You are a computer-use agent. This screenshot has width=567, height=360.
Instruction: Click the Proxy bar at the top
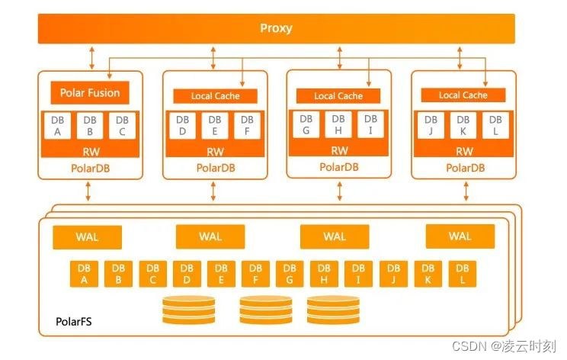[276, 29]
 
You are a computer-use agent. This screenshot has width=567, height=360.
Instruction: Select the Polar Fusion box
[90, 93]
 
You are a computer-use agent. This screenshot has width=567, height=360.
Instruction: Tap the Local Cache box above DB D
[214, 96]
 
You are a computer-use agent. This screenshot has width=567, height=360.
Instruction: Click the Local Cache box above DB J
[463, 95]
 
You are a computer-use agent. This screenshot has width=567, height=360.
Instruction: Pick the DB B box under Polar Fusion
[90, 125]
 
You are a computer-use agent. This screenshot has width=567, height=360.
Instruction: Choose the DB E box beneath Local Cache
[214, 126]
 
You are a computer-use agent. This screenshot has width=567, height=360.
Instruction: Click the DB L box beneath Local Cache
[495, 126]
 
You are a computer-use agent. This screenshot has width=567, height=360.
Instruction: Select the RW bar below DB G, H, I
[339, 151]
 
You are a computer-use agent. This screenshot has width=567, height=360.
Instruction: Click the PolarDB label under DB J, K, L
[464, 168]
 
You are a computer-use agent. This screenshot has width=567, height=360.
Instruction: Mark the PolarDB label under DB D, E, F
[215, 168]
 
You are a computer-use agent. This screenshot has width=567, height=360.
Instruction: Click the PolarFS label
[75, 321]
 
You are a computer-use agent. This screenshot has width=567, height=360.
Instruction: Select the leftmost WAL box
[87, 236]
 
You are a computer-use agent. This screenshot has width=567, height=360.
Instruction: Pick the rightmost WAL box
[460, 236]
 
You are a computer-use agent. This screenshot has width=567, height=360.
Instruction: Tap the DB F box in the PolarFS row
[255, 274]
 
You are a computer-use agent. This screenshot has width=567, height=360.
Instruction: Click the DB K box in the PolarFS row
[428, 274]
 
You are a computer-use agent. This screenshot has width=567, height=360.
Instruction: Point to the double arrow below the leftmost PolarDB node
[90, 191]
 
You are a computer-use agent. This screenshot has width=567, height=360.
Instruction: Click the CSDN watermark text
[504, 346]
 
